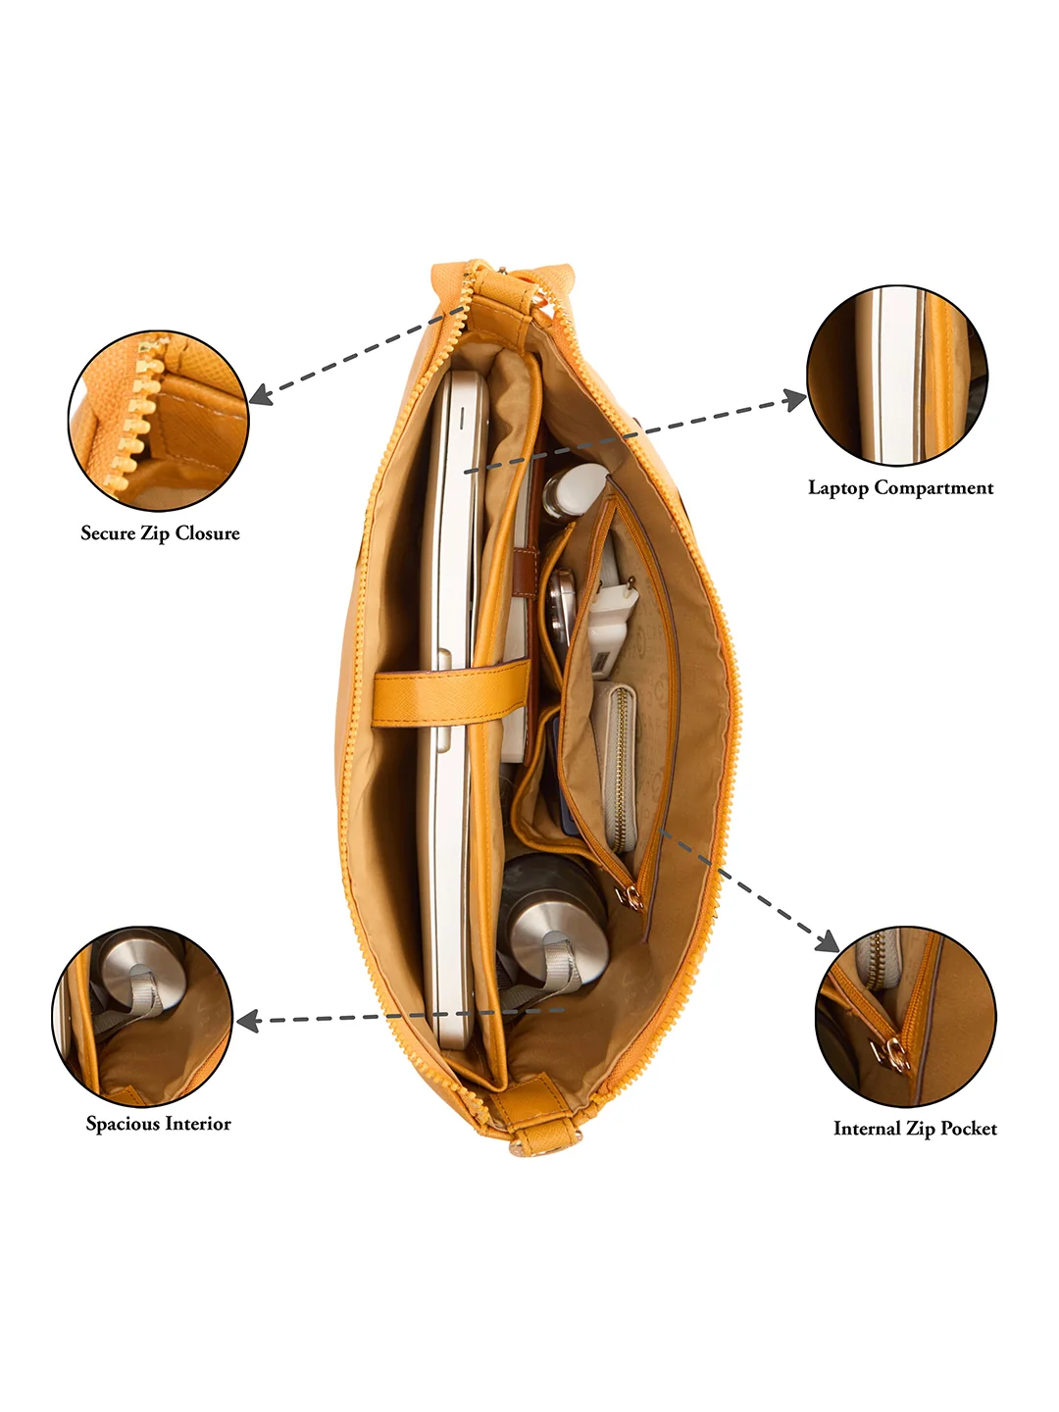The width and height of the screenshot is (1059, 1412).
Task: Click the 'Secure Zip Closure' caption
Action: click(160, 533)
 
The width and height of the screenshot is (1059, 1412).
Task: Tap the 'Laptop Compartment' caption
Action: click(901, 488)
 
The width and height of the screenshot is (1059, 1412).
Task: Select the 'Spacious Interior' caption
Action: click(158, 1124)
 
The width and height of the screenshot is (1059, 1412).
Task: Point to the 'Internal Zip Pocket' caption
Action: click(915, 1129)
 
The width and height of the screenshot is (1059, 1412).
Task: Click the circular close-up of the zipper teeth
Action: click(158, 422)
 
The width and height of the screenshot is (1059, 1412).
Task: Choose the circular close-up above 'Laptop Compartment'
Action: click(897, 376)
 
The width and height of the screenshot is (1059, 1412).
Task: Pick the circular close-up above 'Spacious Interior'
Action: click(142, 1017)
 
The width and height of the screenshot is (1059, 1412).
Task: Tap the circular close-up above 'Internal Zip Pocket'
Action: click(906, 1017)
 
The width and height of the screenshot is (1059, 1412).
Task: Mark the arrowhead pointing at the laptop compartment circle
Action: click(796, 399)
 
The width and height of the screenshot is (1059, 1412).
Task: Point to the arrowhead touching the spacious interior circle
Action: click(247, 1021)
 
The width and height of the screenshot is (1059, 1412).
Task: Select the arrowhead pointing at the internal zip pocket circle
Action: click(829, 942)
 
